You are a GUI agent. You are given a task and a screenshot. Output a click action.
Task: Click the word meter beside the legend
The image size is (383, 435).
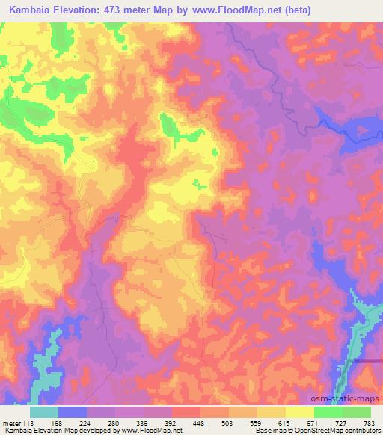[x=13, y=422]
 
